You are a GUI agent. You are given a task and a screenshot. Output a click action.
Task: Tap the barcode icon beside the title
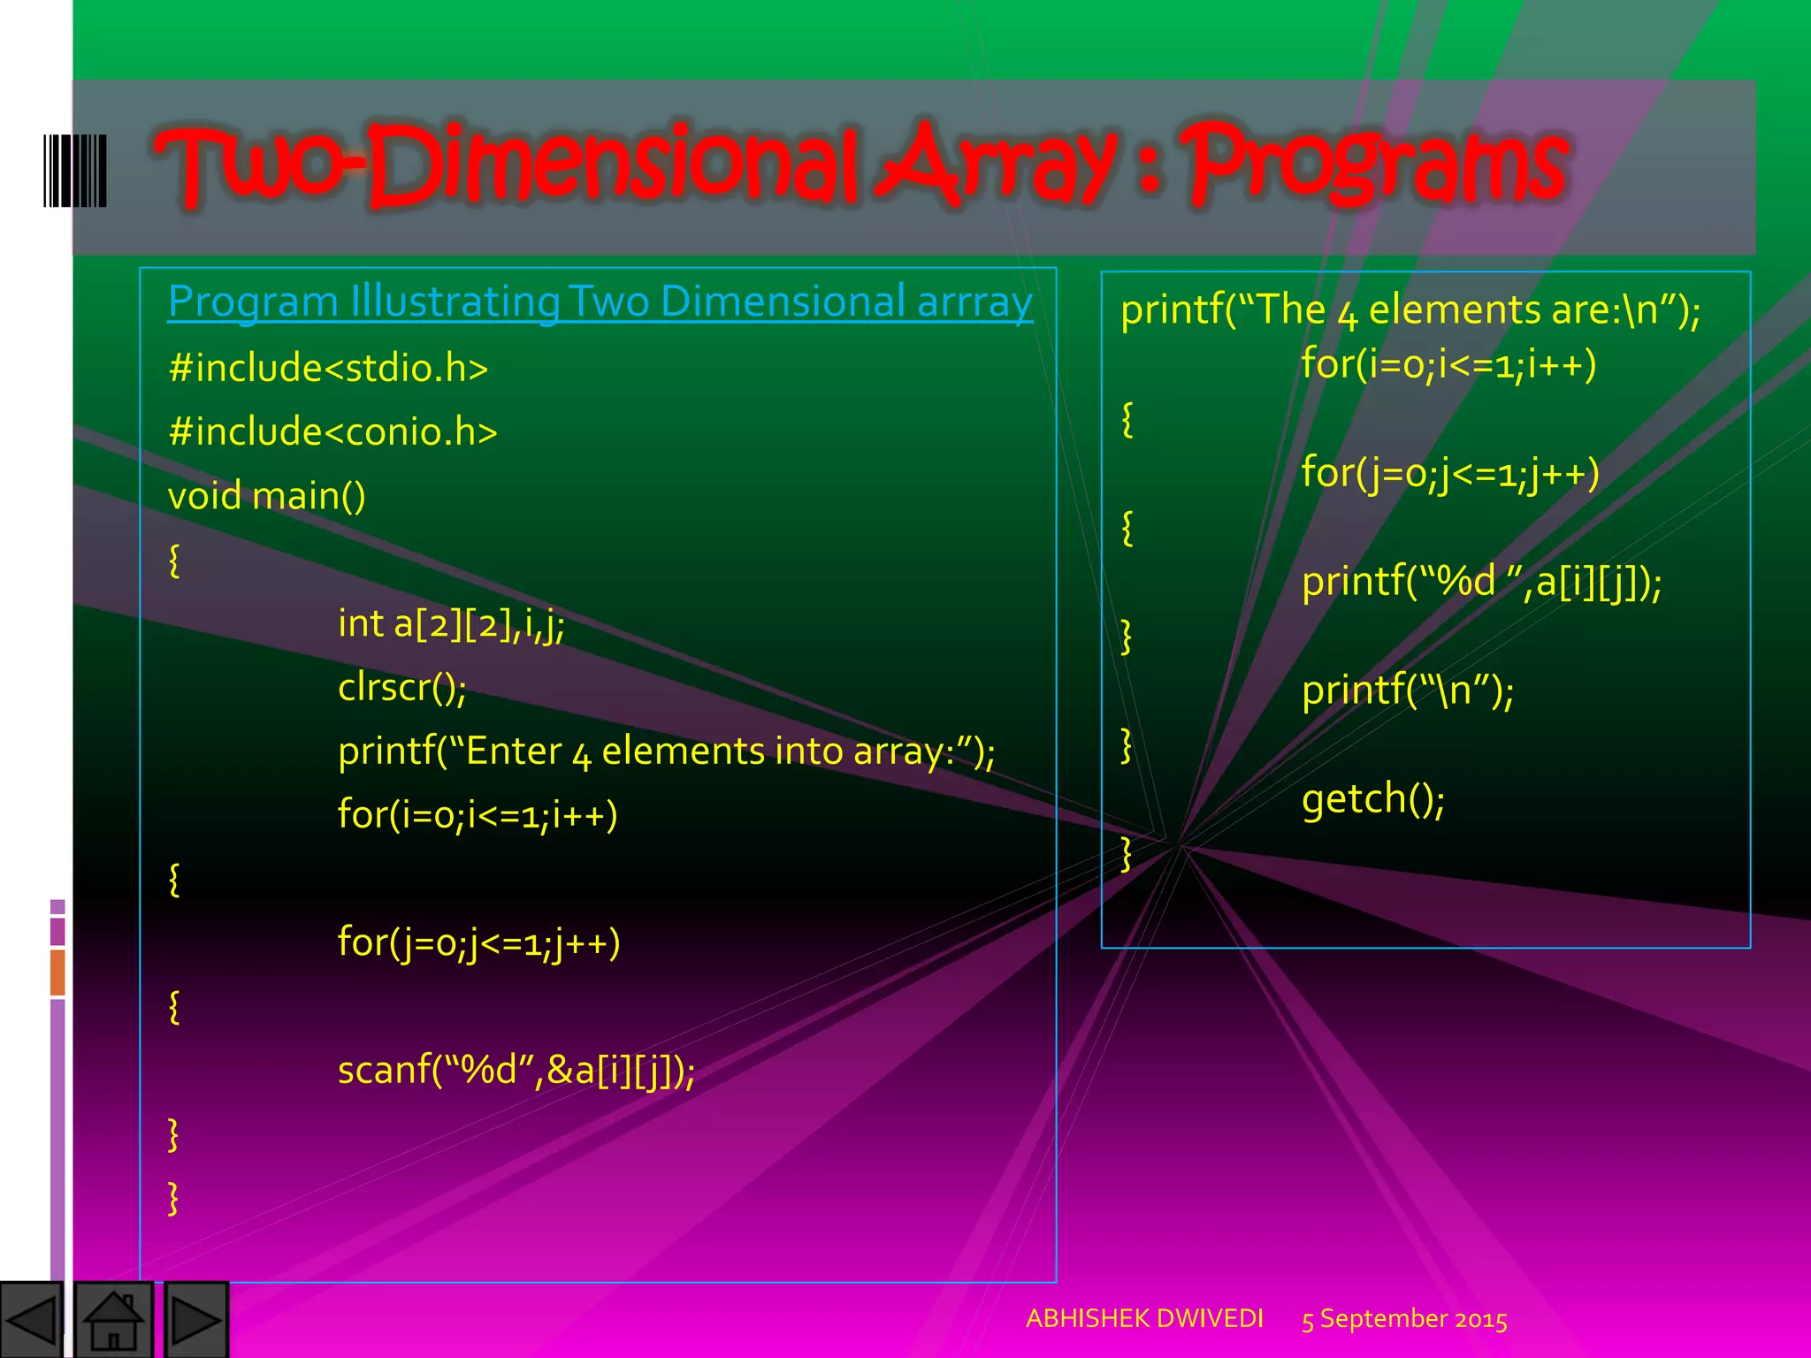75,171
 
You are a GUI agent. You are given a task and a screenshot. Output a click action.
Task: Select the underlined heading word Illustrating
455,301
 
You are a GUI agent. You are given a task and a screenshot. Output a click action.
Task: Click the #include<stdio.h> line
328,368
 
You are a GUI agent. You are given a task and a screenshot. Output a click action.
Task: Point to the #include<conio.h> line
332,431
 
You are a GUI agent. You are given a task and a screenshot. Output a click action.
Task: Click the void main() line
266,495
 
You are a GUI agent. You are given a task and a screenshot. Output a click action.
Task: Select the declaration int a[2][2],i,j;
451,623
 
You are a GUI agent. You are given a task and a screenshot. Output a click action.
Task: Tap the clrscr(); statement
401,687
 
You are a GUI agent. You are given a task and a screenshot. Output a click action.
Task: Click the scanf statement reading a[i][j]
516,1071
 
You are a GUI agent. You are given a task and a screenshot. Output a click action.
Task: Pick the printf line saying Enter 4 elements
666,751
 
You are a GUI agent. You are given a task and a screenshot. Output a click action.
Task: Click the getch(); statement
1372,798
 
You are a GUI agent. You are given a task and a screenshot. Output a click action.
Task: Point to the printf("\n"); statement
1407,690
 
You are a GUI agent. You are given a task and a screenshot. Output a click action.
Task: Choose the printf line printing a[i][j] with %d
1481,582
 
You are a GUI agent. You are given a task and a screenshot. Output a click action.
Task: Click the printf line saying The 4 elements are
1410,310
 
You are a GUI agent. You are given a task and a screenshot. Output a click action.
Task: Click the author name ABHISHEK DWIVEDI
1144,1318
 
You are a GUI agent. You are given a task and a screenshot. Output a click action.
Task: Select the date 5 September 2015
1404,1319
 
